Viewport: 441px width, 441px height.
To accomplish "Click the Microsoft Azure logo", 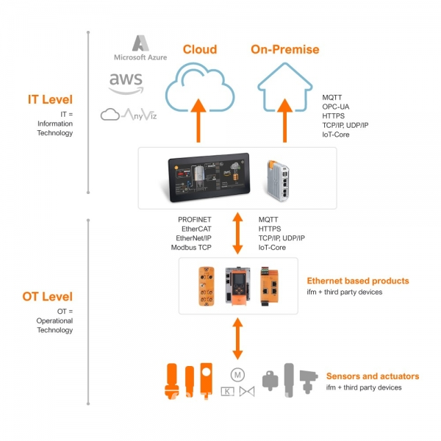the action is (x=140, y=48).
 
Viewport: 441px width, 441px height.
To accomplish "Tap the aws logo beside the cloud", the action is (x=126, y=84).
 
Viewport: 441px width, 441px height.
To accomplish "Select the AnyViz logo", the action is (x=129, y=114).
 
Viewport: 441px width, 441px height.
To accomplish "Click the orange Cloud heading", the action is (x=200, y=49).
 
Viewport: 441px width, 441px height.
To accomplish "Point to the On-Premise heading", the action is (x=285, y=49).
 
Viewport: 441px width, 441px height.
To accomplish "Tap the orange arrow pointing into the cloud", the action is (x=198, y=121).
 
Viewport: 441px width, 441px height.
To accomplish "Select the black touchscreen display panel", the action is (x=209, y=177).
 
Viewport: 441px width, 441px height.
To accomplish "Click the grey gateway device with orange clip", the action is (x=278, y=180).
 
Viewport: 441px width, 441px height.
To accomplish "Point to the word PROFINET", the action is (x=194, y=219).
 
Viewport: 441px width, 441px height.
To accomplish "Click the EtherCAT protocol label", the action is (x=196, y=229).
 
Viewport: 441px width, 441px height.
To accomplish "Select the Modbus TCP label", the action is (x=191, y=247).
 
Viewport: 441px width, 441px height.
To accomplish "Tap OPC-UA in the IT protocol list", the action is (x=336, y=107).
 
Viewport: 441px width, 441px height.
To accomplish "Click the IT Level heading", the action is (x=50, y=99).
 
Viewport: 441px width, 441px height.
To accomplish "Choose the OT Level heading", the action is (x=47, y=296).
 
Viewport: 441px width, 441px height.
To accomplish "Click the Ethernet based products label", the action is (x=358, y=281).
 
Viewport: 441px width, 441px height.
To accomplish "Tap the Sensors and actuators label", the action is (x=373, y=376).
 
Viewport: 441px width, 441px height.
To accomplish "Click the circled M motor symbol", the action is (x=237, y=375).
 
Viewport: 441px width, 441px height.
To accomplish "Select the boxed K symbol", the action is (x=227, y=391).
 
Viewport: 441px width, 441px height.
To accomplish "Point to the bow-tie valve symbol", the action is (x=247, y=391).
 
